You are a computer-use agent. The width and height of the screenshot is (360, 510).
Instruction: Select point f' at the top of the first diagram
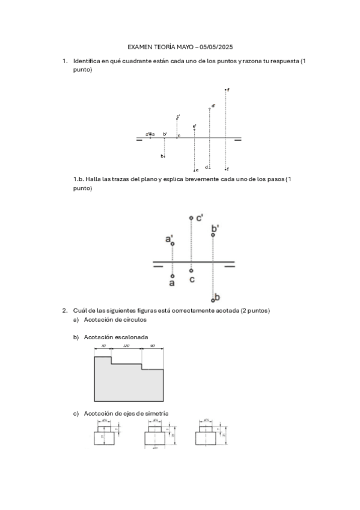pyautogui.click(x=225, y=90)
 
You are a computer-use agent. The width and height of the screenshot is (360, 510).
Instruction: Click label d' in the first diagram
pyautogui.click(x=213, y=106)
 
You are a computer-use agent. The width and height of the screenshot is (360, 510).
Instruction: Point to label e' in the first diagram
pyautogui.click(x=194, y=127)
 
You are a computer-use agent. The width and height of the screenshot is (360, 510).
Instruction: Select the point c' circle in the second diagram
pyautogui.click(x=191, y=218)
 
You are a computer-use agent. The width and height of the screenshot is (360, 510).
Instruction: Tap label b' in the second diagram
pyautogui.click(x=215, y=228)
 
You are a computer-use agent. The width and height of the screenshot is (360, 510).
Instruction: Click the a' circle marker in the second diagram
pyautogui.click(x=172, y=244)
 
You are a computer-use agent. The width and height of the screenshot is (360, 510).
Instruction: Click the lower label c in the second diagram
pyautogui.click(x=192, y=280)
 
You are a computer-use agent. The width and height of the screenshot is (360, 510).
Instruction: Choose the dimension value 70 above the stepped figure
pyautogui.click(x=103, y=347)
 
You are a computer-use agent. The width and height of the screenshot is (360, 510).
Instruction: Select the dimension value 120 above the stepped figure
pyautogui.click(x=127, y=347)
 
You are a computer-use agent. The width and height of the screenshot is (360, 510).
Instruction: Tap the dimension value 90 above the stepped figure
pyautogui.click(x=153, y=347)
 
